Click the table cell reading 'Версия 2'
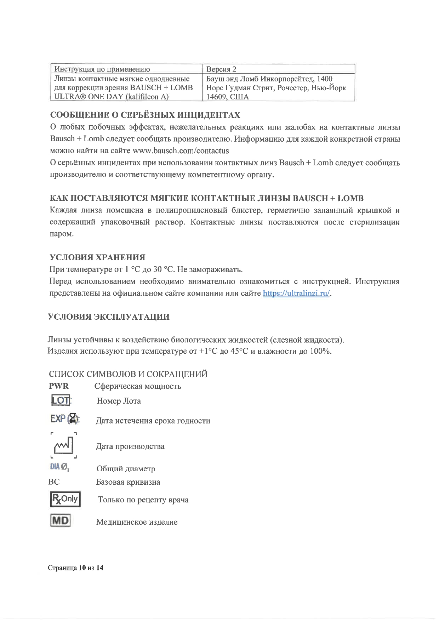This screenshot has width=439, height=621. [x=221, y=69]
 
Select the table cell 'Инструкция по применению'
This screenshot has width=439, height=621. [x=102, y=69]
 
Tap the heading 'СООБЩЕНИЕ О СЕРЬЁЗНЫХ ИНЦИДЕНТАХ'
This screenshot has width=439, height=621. [x=145, y=115]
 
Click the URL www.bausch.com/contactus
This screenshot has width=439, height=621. [x=181, y=151]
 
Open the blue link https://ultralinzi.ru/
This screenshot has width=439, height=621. [x=296, y=293]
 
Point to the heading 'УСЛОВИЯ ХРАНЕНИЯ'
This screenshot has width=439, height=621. [x=97, y=257]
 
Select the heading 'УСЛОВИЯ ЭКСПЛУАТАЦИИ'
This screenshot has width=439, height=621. [x=109, y=317]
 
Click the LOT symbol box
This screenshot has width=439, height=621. [x=61, y=400]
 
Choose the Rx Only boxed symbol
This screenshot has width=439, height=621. [x=65, y=499]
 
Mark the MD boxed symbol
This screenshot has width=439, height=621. [x=61, y=521]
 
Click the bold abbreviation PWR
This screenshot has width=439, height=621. [x=59, y=386]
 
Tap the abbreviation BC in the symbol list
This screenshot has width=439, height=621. [x=54, y=482]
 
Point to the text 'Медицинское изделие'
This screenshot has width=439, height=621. [x=137, y=522]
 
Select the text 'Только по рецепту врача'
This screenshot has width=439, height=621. [x=143, y=500]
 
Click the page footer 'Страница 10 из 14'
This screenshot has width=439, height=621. [x=76, y=568]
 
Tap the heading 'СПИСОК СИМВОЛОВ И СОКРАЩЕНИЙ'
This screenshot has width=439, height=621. [x=128, y=374]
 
